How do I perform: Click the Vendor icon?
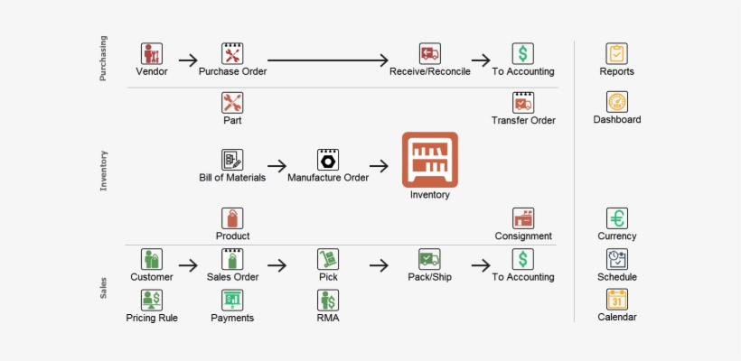point(152,53)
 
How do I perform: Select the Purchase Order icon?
point(232,53)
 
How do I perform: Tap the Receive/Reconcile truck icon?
point(429,53)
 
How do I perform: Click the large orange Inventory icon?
point(429,160)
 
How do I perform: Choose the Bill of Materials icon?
point(232,160)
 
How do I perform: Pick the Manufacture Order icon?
point(327,160)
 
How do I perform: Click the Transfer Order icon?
point(523,102)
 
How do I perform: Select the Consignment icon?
point(523,218)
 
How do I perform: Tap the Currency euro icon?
point(617,218)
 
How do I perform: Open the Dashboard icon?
point(617,102)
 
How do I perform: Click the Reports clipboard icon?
point(617,53)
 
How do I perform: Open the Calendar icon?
point(617,299)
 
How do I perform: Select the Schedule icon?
point(617,259)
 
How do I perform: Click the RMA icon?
point(327,300)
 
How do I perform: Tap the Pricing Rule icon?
point(152,300)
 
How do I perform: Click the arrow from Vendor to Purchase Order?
point(188,60)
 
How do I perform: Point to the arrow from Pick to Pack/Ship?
point(379,265)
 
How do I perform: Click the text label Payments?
point(232,318)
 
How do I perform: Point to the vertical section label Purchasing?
point(103,59)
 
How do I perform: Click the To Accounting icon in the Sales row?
point(523,259)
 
